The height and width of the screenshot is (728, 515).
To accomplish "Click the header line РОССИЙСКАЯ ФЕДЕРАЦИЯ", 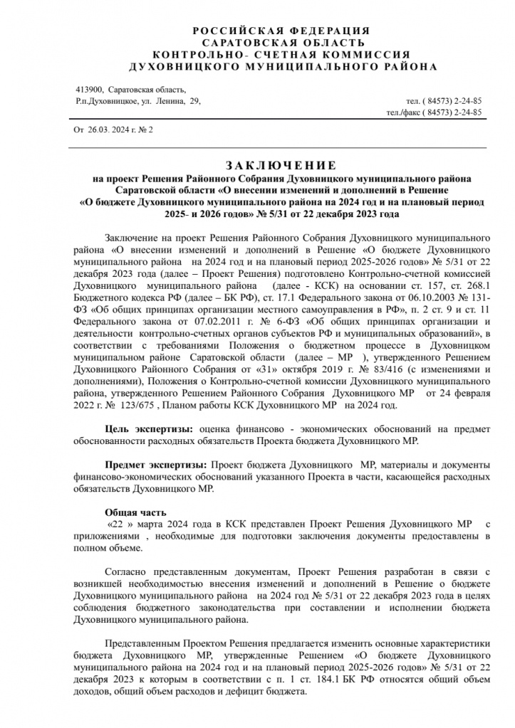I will pos(281,30).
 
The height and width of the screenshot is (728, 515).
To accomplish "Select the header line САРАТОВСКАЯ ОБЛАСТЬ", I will pos(281,42).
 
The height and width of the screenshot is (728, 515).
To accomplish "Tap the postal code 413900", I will pos(88,90).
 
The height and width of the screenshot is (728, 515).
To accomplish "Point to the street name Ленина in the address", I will pos(169,102).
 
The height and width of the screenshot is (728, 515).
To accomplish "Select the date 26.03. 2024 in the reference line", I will pos(105,131).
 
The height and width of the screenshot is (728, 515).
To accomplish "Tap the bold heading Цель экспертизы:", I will pos(148,429).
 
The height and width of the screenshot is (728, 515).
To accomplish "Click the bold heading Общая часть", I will pos(135,511).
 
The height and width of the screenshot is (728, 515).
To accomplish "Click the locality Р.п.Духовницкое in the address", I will pos(107,102).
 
